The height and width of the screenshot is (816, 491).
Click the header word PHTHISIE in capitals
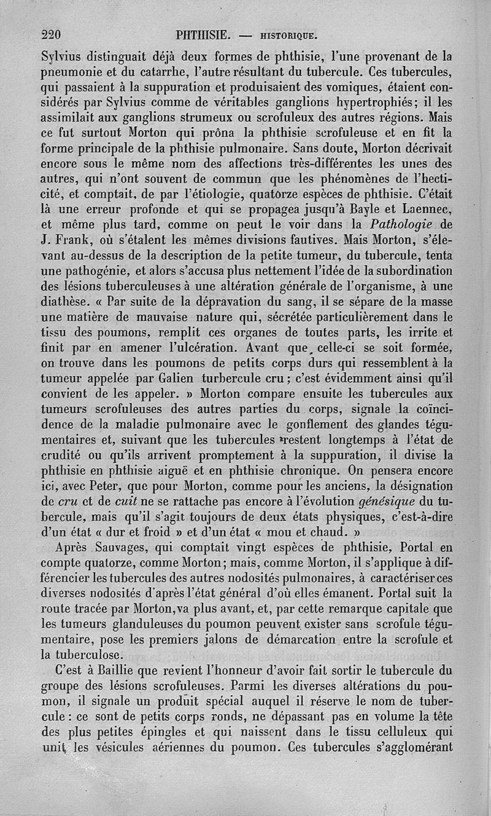202,34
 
